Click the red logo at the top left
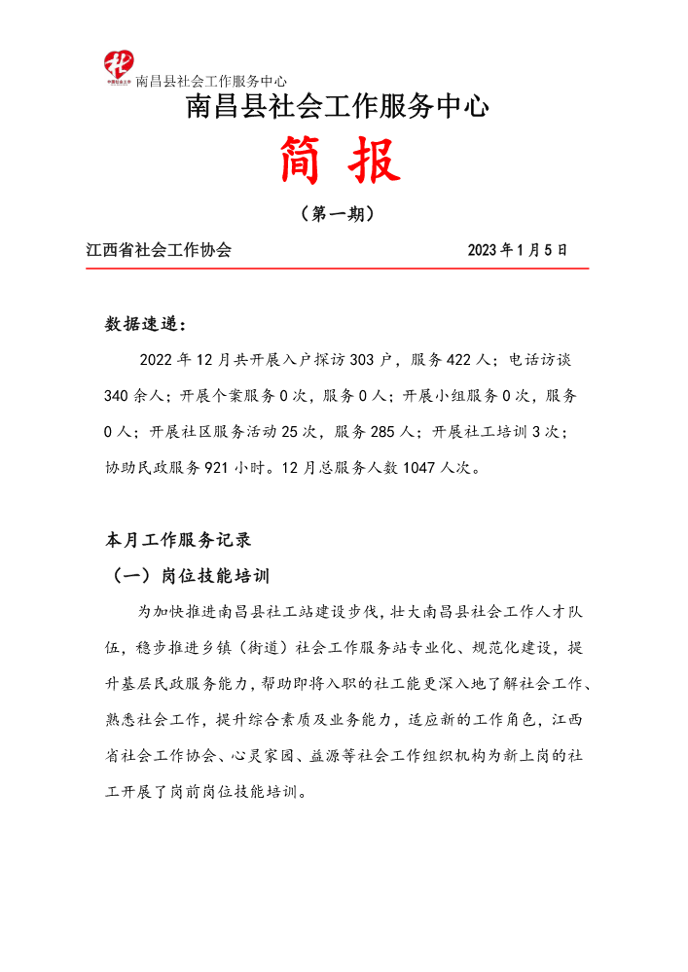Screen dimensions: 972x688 pyautogui.click(x=118, y=66)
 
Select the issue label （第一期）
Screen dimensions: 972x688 pyautogui.click(x=337, y=214)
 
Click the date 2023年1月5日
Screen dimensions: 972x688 pyautogui.click(x=517, y=250)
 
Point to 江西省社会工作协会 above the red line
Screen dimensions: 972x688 pyautogui.click(x=159, y=250)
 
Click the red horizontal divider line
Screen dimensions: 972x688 pyautogui.click(x=337, y=268)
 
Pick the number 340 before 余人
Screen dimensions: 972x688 pyautogui.click(x=118, y=396)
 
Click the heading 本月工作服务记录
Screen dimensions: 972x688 pyautogui.click(x=178, y=539)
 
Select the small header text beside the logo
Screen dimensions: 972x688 pyautogui.click(x=211, y=81)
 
